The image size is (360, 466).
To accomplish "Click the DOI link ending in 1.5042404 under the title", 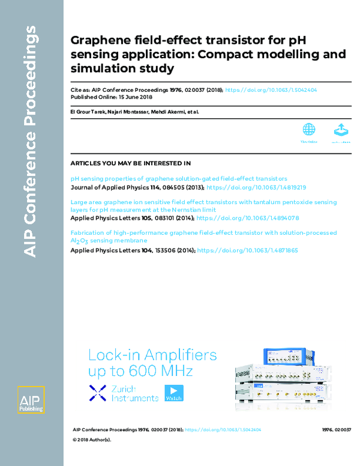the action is tap(280, 89).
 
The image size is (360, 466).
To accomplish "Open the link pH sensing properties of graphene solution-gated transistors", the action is tap(179, 178).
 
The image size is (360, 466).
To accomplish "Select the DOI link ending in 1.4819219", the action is tap(256, 187).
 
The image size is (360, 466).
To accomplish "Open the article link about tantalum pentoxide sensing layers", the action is tap(203, 206).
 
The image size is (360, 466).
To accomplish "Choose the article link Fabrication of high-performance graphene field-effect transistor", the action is tap(203, 232).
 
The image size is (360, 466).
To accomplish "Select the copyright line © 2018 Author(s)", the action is tap(92, 439).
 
